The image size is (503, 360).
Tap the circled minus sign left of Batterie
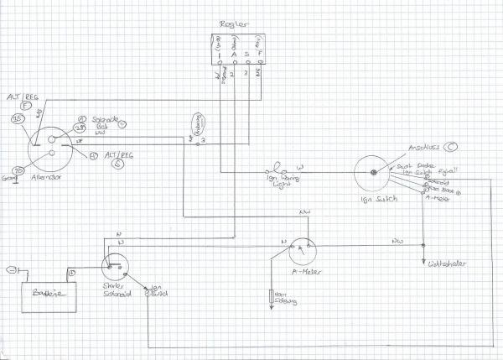pyautogui.click(x=10, y=269)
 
